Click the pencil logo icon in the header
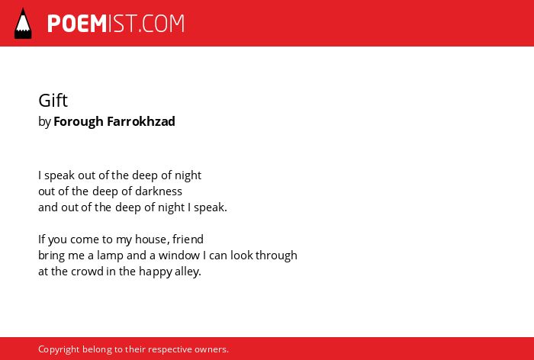pos(23,24)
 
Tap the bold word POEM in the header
pos(77,24)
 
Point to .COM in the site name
pos(162,24)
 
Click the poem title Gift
pos(53,100)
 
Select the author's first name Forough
pos(79,121)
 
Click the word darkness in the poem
pos(159,191)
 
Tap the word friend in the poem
pos(188,239)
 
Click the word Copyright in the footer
pos(59,349)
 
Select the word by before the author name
pos(44,122)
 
